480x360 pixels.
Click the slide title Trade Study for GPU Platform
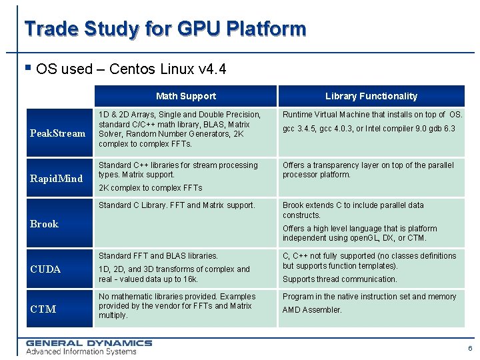(165, 29)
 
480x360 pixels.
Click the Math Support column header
(185, 96)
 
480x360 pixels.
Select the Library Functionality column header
(371, 96)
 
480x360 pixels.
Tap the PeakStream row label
(58, 133)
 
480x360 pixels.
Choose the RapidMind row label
(57, 178)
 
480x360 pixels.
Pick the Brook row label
(44, 224)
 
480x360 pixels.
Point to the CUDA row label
(45, 269)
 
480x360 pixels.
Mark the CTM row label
(43, 309)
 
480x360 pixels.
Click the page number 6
(470, 349)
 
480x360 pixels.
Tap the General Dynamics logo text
(89, 343)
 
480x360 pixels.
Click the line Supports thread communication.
(339, 279)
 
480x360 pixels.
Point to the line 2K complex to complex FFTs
(150, 188)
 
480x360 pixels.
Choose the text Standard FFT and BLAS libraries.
(158, 256)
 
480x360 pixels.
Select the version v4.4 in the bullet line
(213, 69)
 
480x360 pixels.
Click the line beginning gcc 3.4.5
(369, 129)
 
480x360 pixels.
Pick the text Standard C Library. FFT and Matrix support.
(177, 205)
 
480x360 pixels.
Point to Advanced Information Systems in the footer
(81, 351)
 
